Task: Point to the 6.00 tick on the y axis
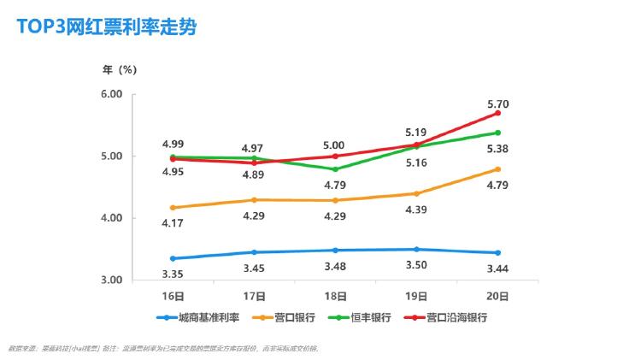(x=113, y=94)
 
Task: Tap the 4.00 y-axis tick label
(x=113, y=218)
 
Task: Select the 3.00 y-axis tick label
(x=113, y=280)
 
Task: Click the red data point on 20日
(x=498, y=113)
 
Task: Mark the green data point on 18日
(x=336, y=169)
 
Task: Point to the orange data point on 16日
(x=173, y=208)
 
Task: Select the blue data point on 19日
(x=417, y=250)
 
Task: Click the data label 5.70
(x=498, y=104)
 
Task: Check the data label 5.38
(x=498, y=148)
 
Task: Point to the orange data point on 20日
(x=498, y=169)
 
